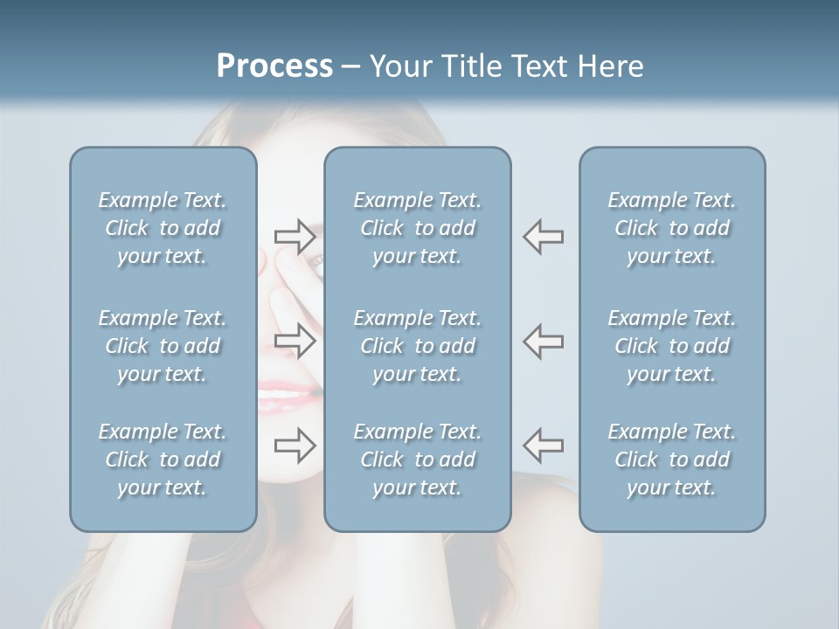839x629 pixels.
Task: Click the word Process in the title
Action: [x=274, y=66]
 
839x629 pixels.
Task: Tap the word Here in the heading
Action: [x=610, y=66]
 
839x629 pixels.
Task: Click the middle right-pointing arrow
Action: [x=295, y=341]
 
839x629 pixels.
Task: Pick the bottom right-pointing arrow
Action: [x=295, y=446]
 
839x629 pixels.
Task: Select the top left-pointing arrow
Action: [x=543, y=236]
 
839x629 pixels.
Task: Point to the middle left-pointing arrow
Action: [x=543, y=341]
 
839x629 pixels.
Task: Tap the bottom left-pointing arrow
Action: [x=543, y=446]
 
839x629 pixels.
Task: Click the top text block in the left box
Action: [x=163, y=228]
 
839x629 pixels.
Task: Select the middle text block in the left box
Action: [x=163, y=346]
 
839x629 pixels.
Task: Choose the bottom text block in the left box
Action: [x=163, y=460]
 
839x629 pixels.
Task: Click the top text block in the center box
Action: [x=418, y=228]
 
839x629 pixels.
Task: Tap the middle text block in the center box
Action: [x=418, y=346]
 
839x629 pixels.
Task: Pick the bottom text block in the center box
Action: [x=418, y=460]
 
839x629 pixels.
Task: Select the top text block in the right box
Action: [x=672, y=228]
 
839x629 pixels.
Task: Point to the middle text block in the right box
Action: [x=672, y=346]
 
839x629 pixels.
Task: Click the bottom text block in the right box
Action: [x=672, y=460]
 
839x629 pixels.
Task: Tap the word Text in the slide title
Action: [x=539, y=66]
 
